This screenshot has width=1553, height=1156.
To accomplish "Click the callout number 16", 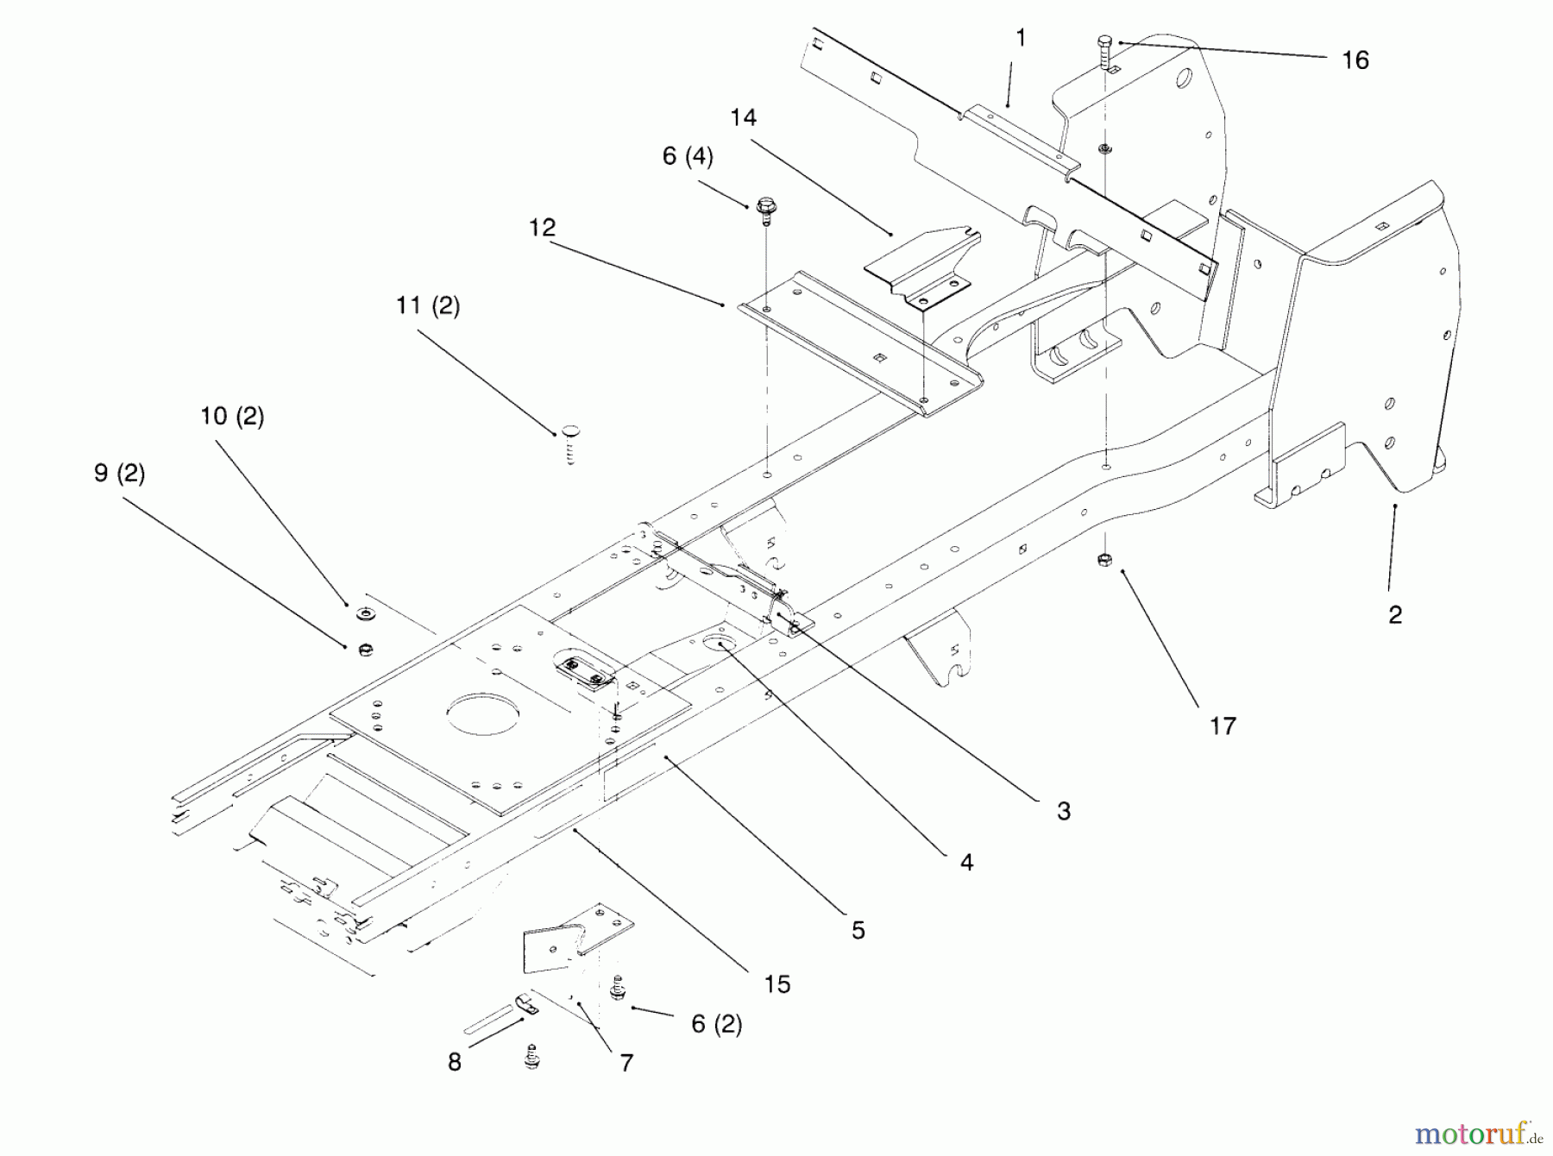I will tap(1355, 60).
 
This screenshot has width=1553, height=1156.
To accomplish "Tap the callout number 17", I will tap(1223, 726).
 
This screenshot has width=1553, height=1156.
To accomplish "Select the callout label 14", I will tap(743, 117).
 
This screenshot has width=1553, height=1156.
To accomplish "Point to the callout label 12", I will tap(542, 228).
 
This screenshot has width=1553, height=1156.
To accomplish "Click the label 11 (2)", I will tap(428, 306).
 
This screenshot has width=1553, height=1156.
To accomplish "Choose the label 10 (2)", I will tap(232, 417).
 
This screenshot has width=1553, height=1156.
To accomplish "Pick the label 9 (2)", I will tap(119, 474).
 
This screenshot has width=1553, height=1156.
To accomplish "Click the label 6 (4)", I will tap(688, 157).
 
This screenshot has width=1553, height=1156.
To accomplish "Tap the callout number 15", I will tap(777, 984).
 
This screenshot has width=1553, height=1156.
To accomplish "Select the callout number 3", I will tap(1064, 811).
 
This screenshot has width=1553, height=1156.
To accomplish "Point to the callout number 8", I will tap(455, 1062).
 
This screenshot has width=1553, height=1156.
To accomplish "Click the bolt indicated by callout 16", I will tap(1105, 52).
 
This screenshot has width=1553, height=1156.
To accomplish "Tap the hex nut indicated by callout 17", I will tap(1103, 561).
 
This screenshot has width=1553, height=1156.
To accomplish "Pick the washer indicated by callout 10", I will tap(365, 615).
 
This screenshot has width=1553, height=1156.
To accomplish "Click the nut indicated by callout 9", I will tap(364, 649).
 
